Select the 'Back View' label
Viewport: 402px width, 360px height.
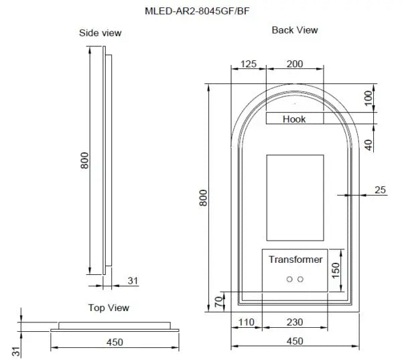click(295, 30)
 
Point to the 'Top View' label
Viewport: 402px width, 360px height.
click(109, 308)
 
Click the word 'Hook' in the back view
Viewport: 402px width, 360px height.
click(294, 119)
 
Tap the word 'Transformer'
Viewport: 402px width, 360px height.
click(295, 259)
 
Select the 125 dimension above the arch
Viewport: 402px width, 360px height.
click(248, 64)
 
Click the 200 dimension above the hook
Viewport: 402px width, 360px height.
click(294, 64)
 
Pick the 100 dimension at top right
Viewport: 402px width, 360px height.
click(367, 98)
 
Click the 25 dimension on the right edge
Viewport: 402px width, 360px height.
click(380, 190)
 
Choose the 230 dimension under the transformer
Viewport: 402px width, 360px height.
click(294, 322)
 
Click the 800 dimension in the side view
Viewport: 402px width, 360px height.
click(84, 162)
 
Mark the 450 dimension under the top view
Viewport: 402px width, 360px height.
click(115, 343)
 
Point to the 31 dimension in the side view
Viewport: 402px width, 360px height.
click(132, 280)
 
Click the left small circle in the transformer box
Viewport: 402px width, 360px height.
click(289, 278)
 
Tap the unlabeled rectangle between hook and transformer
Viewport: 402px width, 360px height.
click(295, 197)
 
